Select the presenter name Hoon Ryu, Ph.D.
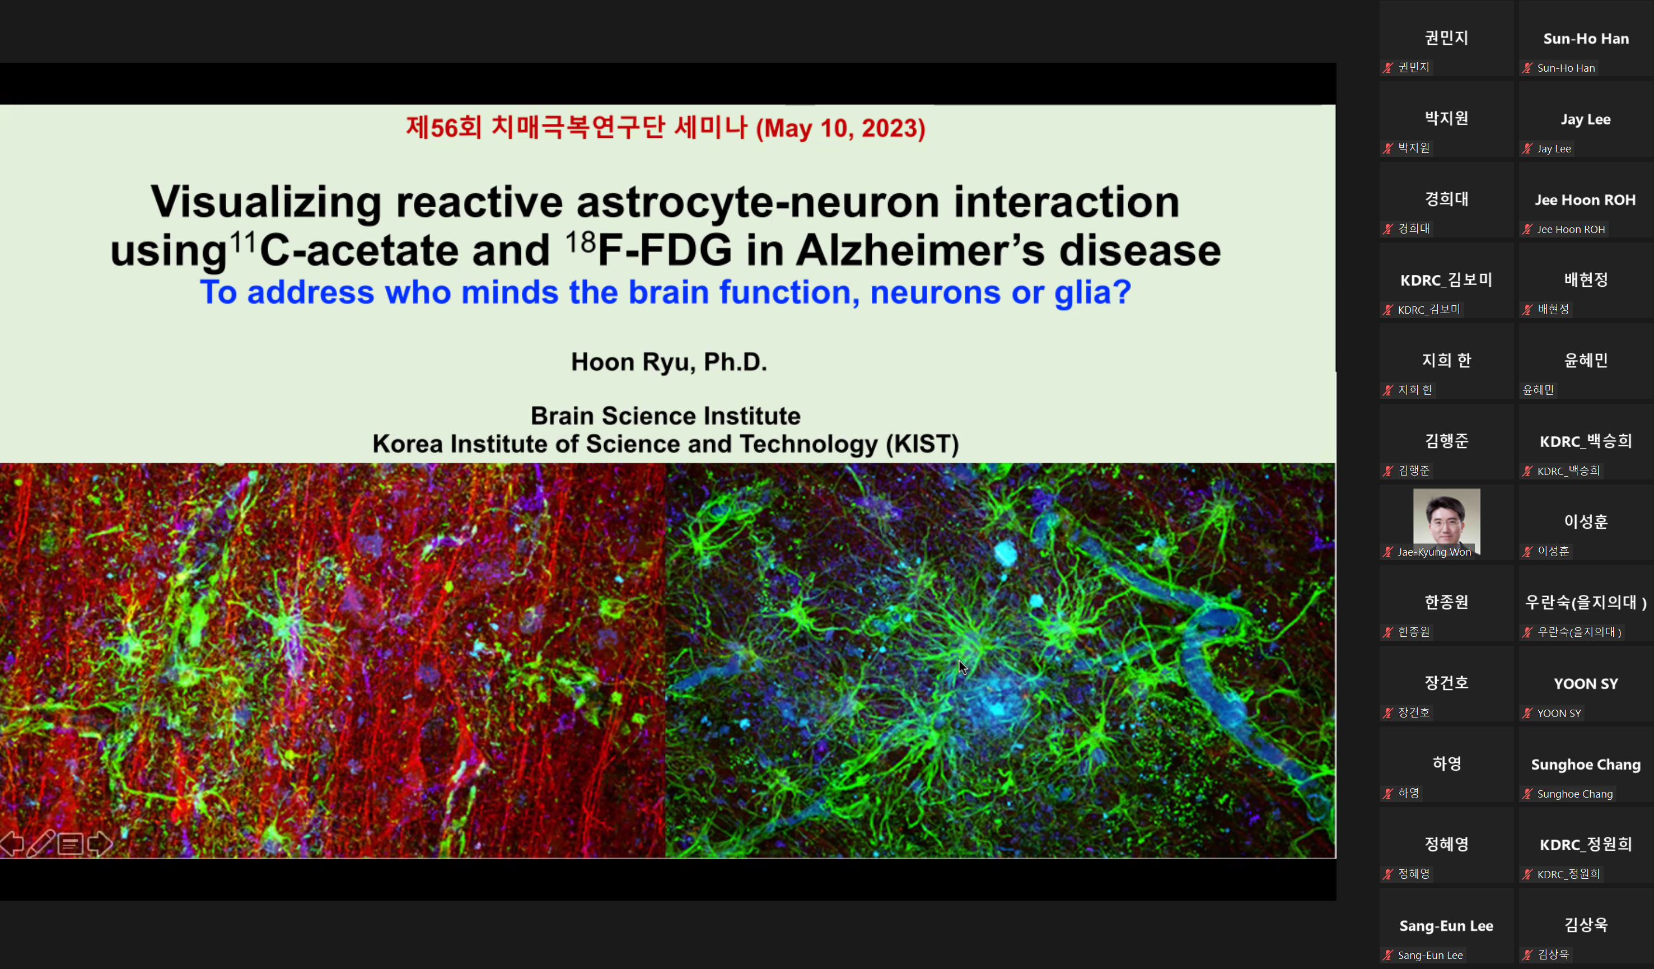669,362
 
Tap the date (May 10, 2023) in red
841,128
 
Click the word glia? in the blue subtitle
1093,292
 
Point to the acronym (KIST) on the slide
922,445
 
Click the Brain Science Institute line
666,416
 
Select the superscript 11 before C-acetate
242,242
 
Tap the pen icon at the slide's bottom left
41,844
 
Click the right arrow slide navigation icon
100,844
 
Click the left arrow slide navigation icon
12,844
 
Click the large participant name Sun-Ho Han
1586,39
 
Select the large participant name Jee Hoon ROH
1585,199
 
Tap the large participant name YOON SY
1586,683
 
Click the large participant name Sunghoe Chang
1586,765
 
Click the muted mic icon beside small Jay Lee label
1528,148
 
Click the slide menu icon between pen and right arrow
70,844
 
